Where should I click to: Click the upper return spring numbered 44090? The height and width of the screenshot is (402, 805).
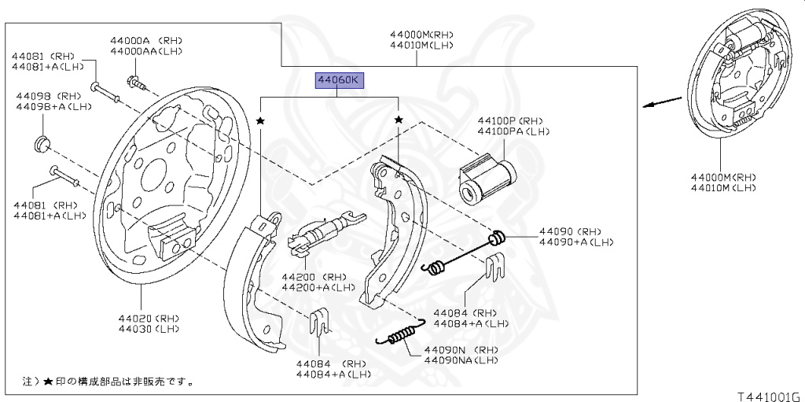464,252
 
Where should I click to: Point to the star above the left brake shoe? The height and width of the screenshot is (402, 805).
260,120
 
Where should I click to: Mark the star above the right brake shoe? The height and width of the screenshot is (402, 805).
399,120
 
